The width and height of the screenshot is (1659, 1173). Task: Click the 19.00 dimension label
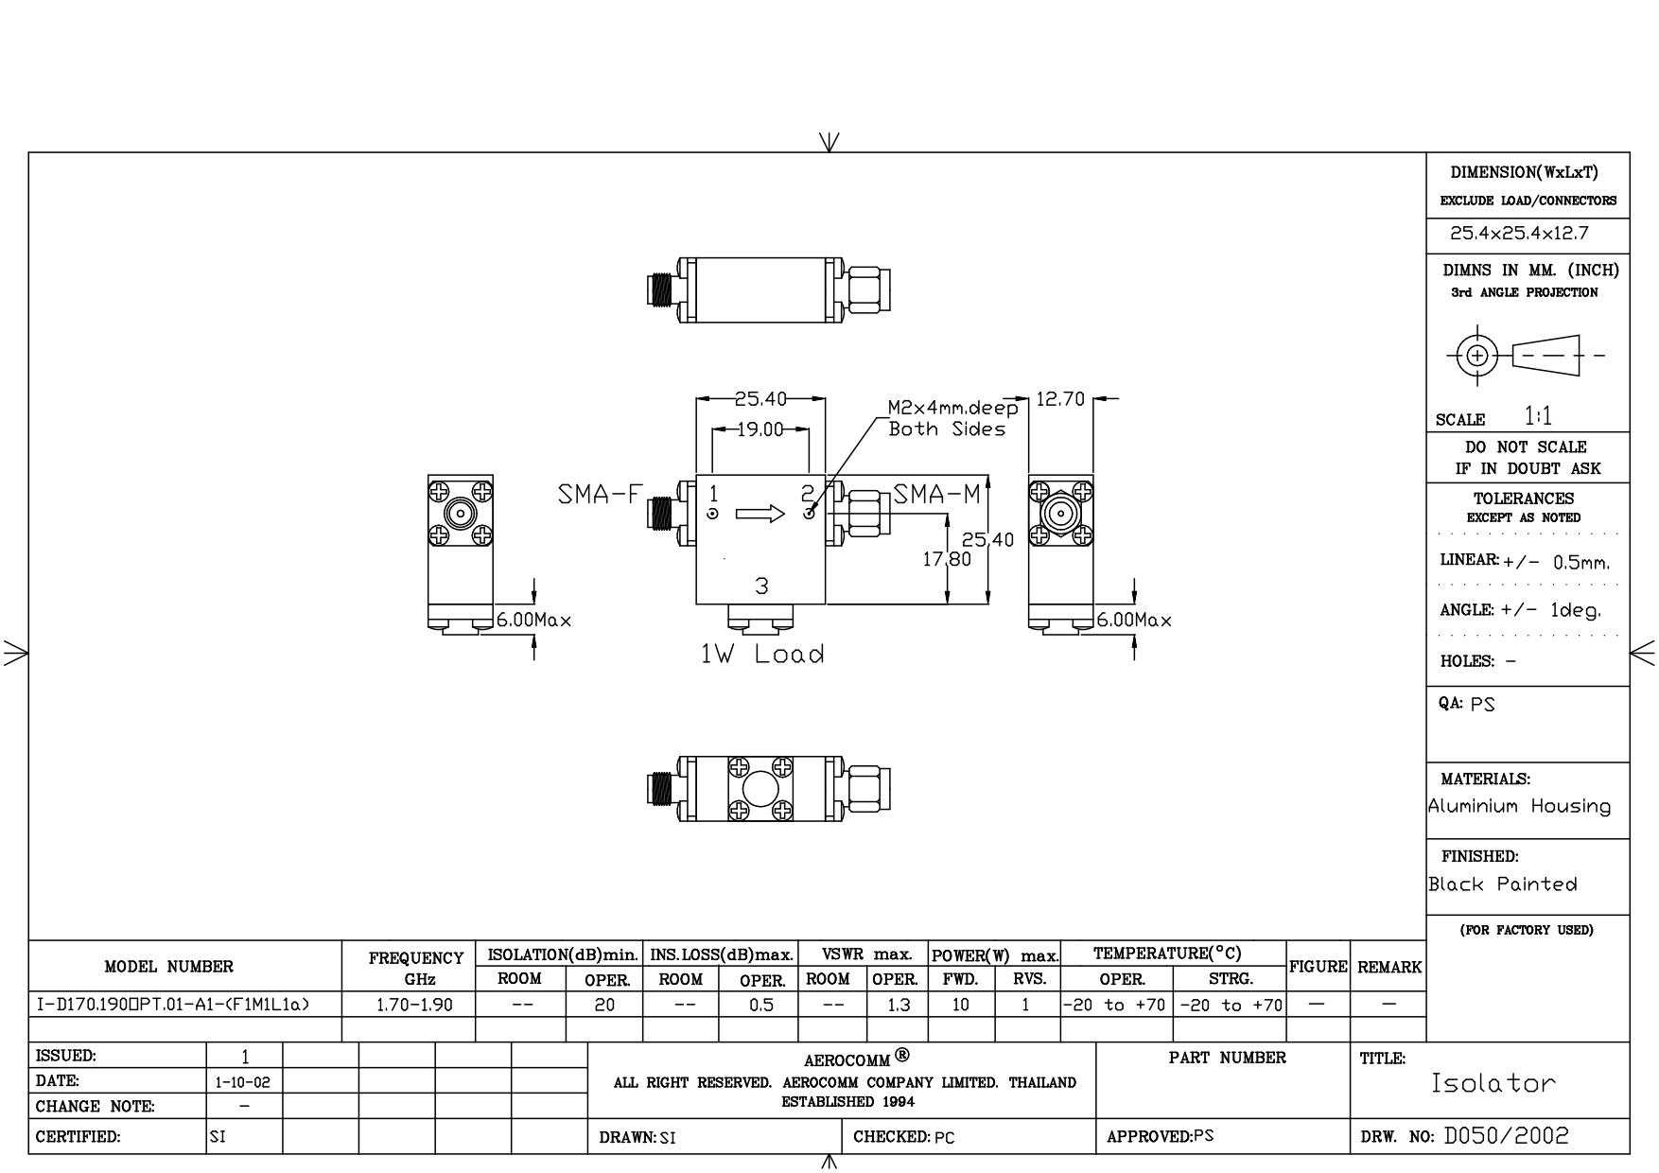point(760,429)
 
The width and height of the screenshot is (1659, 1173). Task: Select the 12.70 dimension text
point(1060,399)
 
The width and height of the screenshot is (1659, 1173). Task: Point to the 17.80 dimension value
point(947,559)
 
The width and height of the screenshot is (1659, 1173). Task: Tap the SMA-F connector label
point(601,495)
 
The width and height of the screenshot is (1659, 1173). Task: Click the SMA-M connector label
point(937,495)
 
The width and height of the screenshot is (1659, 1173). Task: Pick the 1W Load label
point(762,654)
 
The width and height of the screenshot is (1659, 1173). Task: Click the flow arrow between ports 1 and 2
point(760,514)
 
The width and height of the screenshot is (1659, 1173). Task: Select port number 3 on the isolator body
point(761,586)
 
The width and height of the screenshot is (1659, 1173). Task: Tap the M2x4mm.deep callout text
point(953,409)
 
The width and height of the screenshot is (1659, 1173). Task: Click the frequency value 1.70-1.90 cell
point(414,1005)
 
